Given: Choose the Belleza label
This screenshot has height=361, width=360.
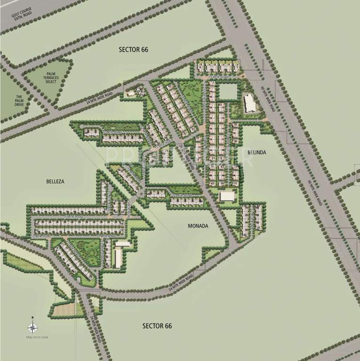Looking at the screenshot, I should click(55, 181).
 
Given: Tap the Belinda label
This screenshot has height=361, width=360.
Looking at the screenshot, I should click(257, 153).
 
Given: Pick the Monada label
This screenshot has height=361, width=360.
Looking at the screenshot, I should click(198, 226).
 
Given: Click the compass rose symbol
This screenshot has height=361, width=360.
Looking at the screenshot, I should click(32, 328).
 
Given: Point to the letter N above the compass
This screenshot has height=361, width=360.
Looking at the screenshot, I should click(32, 318).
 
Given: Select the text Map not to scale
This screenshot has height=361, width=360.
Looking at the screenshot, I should click(37, 337).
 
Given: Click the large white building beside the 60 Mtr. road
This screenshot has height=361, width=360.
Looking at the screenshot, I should click(249, 102).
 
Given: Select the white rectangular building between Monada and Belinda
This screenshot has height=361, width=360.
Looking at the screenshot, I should click(227, 196).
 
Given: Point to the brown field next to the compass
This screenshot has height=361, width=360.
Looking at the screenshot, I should click(63, 308).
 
